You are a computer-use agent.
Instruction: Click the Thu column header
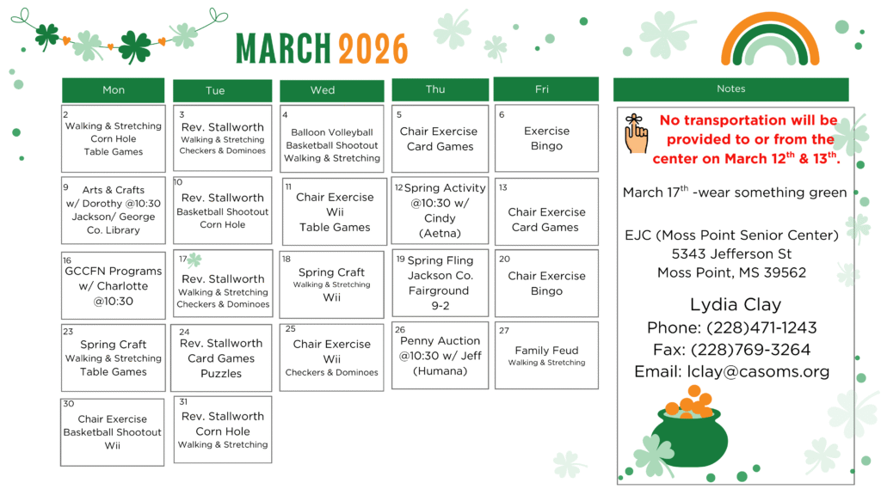click(435, 89)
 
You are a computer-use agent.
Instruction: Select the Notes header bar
click(730, 89)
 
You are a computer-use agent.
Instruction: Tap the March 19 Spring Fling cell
click(440, 283)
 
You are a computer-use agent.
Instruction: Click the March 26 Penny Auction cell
click(440, 356)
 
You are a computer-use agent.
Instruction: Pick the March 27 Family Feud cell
click(546, 355)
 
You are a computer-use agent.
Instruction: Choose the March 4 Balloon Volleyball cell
click(331, 139)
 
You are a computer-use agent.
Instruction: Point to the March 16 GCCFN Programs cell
click(113, 285)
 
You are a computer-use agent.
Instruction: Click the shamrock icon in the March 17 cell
click(194, 260)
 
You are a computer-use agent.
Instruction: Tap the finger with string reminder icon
click(635, 134)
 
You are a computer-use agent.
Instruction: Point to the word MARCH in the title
click(284, 49)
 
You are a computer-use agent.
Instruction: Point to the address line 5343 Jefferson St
click(730, 254)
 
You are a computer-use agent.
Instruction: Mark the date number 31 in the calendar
click(183, 401)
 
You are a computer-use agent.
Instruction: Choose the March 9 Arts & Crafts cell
click(113, 211)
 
